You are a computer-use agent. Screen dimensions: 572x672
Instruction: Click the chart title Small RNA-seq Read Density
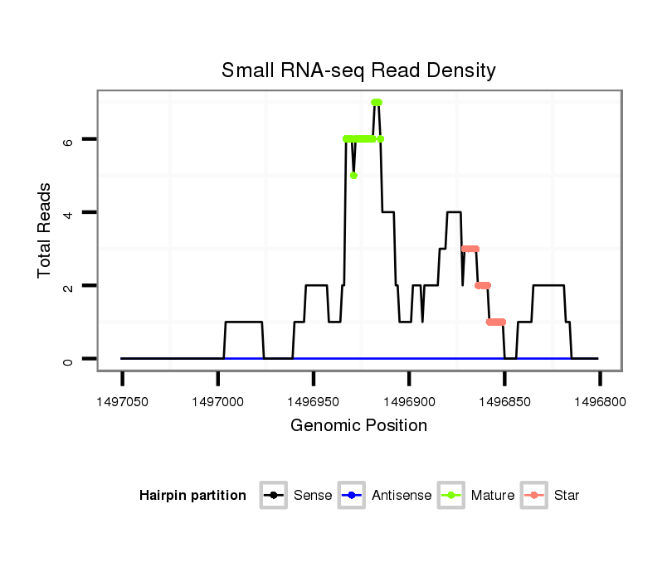(x=358, y=70)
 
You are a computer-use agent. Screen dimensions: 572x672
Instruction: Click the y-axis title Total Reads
(x=46, y=230)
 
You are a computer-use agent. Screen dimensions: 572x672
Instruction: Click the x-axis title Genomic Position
(x=358, y=426)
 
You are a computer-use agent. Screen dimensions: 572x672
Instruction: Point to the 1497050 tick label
(x=122, y=402)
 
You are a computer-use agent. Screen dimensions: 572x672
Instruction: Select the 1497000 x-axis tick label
(x=217, y=402)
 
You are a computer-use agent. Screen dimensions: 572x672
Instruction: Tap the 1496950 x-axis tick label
(x=313, y=402)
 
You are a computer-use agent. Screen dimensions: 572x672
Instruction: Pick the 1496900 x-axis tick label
(x=408, y=402)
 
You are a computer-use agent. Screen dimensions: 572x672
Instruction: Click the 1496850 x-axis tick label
(x=504, y=402)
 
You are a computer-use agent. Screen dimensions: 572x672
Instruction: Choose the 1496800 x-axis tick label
(x=599, y=402)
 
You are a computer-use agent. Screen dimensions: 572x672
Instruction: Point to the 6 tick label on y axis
(x=69, y=140)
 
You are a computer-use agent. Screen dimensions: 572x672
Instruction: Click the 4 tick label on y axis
(x=69, y=213)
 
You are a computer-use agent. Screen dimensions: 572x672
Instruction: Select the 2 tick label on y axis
(x=69, y=286)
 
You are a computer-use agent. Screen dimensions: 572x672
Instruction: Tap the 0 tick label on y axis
(x=69, y=359)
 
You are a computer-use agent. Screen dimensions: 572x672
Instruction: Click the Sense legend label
(x=313, y=496)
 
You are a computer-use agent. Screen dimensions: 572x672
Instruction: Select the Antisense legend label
(x=402, y=496)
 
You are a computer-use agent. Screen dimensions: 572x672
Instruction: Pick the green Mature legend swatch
(x=453, y=496)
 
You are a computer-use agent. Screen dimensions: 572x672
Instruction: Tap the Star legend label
(x=567, y=496)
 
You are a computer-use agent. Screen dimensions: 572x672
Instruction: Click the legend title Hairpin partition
(x=192, y=496)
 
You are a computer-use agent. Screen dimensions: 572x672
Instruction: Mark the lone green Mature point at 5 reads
(x=354, y=176)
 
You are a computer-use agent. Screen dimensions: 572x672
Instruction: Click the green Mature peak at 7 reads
(x=376, y=103)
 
